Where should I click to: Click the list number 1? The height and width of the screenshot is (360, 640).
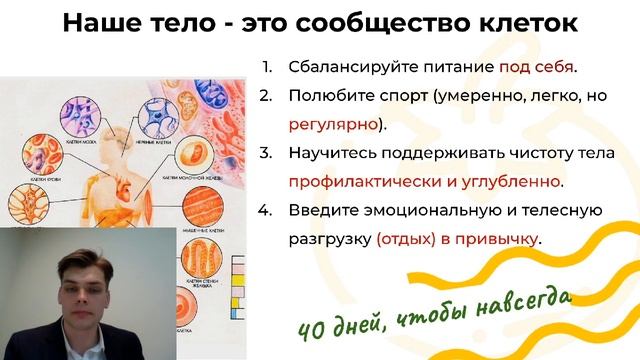click(x=267, y=68)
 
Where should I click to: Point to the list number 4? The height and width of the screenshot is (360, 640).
click(x=265, y=211)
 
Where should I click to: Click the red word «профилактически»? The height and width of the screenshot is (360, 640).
click(x=359, y=182)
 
